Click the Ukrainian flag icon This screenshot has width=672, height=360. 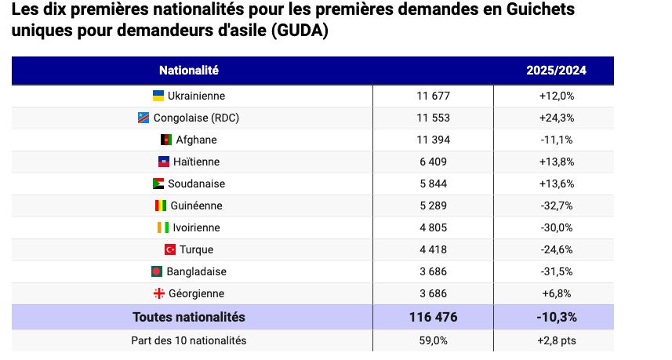[x=158, y=96]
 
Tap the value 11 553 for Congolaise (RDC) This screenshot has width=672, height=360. [x=434, y=118]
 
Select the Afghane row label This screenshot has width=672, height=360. [x=196, y=140]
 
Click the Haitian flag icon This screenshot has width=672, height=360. [x=164, y=162]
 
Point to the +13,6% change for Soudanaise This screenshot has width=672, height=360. [x=557, y=184]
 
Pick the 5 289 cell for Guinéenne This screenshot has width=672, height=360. [x=434, y=205]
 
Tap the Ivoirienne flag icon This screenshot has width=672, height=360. [x=163, y=227]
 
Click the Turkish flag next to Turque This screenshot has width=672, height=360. [x=170, y=249]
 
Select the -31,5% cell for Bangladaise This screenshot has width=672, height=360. [x=557, y=271]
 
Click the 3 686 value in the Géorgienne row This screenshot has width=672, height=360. [x=434, y=293]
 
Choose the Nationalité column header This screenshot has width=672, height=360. [x=189, y=71]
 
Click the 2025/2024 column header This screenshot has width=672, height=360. [x=556, y=71]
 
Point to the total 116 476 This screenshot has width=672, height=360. [x=434, y=317]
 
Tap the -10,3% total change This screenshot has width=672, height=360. [x=557, y=317]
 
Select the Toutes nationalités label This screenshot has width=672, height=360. [x=189, y=317]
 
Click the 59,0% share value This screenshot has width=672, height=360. [x=434, y=340]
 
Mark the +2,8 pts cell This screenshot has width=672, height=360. [x=557, y=340]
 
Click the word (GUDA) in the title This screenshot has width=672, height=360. [x=300, y=31]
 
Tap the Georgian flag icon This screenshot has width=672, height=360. [x=159, y=293]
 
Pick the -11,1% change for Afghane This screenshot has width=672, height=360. [x=557, y=140]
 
